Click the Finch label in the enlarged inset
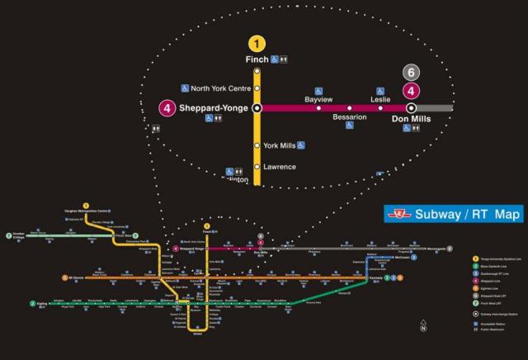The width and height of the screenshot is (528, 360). click(257, 59)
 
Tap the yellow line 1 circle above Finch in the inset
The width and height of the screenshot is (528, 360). click(257, 43)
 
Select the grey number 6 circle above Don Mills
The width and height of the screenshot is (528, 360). click(411, 73)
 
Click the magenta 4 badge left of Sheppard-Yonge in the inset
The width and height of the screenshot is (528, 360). click(167, 107)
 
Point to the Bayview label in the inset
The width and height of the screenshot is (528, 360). click(318, 99)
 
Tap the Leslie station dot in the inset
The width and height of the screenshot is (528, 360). click(380, 107)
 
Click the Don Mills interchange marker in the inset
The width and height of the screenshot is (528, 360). click(411, 107)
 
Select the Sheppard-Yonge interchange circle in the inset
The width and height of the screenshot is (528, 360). click(257, 107)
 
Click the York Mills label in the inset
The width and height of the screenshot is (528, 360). click(280, 145)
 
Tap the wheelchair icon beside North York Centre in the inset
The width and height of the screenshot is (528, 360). click(185, 88)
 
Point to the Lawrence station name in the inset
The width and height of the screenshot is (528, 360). click(279, 167)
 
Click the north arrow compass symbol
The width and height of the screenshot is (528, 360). click(423, 328)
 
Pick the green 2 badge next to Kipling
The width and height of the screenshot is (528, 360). click(33, 303)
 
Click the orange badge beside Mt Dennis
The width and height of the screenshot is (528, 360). click(64, 277)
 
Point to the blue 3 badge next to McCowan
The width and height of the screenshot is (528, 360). click(414, 257)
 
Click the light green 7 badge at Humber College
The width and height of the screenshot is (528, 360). click(8, 235)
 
